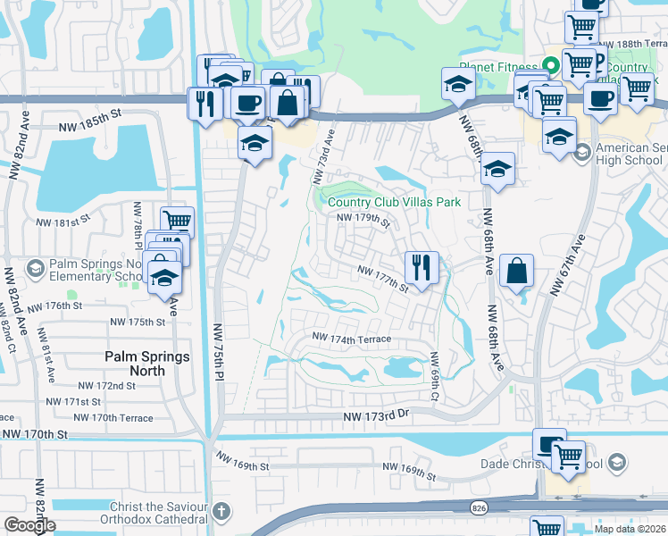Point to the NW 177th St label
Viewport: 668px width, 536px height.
click(x=382, y=279)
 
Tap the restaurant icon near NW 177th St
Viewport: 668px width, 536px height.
click(x=421, y=266)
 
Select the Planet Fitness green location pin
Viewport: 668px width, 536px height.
click(x=551, y=65)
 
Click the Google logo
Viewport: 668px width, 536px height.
click(x=29, y=526)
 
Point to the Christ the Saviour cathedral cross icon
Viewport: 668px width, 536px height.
click(x=221, y=512)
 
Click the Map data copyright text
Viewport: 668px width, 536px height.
click(x=630, y=529)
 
